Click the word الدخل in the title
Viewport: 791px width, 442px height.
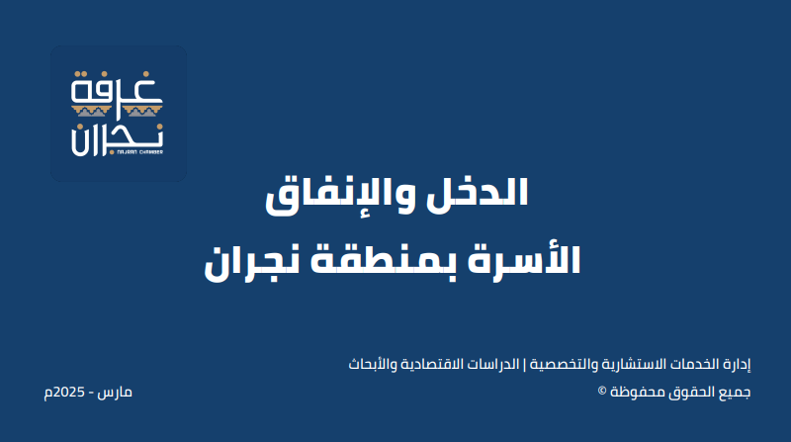(x=478, y=192)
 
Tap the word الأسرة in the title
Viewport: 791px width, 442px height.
(x=524, y=259)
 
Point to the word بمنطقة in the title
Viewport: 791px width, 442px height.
(x=383, y=261)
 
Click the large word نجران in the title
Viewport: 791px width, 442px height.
(x=251, y=262)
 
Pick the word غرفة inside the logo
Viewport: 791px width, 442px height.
(x=117, y=88)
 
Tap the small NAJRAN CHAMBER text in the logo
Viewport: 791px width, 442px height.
(x=139, y=151)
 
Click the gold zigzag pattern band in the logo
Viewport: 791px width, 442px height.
(x=117, y=111)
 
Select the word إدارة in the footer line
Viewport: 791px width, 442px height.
(x=737, y=365)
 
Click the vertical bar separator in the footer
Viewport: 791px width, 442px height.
(x=524, y=364)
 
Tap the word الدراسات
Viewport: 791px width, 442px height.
(x=492, y=364)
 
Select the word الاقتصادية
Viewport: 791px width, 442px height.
(x=431, y=364)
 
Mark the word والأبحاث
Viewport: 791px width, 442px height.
(x=373, y=364)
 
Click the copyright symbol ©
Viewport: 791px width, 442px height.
(x=602, y=391)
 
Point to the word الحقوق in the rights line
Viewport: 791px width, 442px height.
(x=692, y=392)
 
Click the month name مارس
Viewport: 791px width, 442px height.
(x=115, y=393)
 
